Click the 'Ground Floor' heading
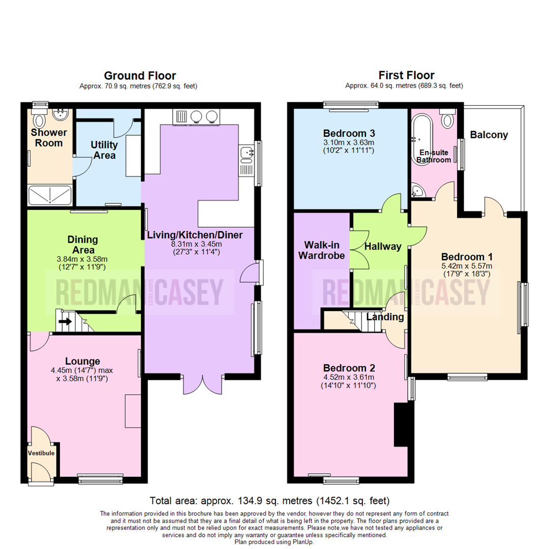pos(140,76)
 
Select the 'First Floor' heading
pos(406,76)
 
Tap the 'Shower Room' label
pos(49,138)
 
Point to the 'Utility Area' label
pos(104,150)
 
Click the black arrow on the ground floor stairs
pos(65,321)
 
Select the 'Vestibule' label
pos(41,452)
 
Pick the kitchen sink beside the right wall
pos(247,151)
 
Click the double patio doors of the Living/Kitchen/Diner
pos(203,384)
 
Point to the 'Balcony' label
pos(489,135)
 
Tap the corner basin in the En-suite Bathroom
pos(417,191)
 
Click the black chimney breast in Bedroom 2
pos(401,424)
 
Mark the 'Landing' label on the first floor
pos(385,317)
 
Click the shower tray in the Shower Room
pos(49,194)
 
